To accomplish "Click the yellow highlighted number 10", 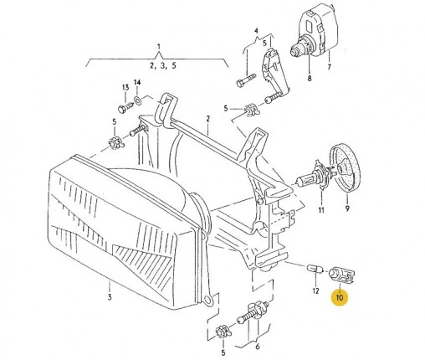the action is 340,297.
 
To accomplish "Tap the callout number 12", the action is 315,291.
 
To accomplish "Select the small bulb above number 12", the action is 315,269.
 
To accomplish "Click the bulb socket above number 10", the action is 341,275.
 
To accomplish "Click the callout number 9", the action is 347,208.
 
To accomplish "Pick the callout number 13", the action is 125,87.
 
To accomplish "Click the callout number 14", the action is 137,83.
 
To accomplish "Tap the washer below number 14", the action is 137,100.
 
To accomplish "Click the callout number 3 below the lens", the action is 110,296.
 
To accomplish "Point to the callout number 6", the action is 258,347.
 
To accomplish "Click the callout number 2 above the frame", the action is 207,119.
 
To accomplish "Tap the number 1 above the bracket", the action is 159,46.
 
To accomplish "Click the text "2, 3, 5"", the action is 163,66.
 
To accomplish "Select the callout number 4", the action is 256,30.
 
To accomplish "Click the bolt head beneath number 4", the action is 239,83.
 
